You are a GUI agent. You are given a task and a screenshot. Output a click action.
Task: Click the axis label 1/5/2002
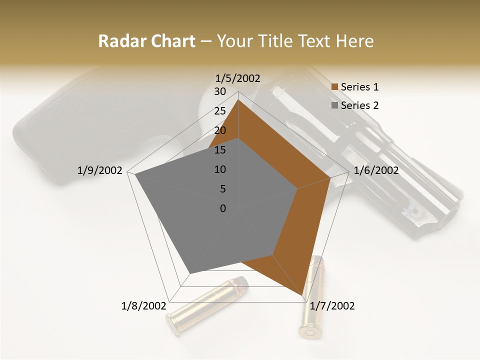[x=237, y=78]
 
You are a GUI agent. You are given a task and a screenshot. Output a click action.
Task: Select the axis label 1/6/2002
[x=376, y=170]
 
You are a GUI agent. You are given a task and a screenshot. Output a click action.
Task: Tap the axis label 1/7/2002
[x=332, y=306]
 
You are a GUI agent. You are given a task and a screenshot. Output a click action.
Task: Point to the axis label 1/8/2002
[x=143, y=306]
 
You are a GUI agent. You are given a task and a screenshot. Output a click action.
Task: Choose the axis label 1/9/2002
[x=100, y=170]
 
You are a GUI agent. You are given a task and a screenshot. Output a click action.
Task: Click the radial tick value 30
[x=220, y=91]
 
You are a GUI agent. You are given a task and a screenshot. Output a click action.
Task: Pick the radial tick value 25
[x=220, y=111]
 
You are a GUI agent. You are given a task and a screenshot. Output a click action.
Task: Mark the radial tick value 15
[x=220, y=150]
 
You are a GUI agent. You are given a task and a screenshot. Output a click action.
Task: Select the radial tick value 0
[x=223, y=208]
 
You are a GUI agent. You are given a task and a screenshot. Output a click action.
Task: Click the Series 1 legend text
[x=359, y=87]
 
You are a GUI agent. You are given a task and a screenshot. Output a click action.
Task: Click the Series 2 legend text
[x=359, y=105]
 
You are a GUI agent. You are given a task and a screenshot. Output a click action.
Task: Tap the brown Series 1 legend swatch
[x=335, y=87]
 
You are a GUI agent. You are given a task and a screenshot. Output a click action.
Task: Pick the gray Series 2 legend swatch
[x=335, y=105]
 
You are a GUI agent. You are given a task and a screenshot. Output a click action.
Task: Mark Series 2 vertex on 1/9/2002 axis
[x=135, y=174]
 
